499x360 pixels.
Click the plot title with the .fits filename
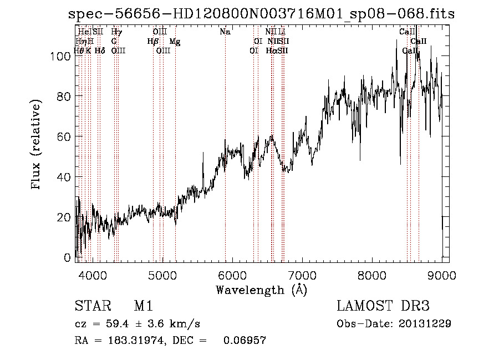[x=261, y=14]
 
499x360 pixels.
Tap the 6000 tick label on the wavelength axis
[x=232, y=275]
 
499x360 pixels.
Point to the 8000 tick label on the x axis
[x=372, y=275]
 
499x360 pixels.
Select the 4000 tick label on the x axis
[x=92, y=275]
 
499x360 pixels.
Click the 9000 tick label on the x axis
[x=442, y=275]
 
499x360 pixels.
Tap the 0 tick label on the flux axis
[x=68, y=258]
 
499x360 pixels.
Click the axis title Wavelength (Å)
[x=261, y=290]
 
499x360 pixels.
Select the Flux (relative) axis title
[x=37, y=146]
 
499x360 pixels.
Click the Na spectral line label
[x=225, y=32]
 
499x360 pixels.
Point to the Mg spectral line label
[x=175, y=42]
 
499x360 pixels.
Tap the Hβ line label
[x=153, y=42]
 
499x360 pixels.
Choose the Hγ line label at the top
[x=116, y=32]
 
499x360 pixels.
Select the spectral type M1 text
[x=143, y=307]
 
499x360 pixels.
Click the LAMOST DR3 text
[x=383, y=307]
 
